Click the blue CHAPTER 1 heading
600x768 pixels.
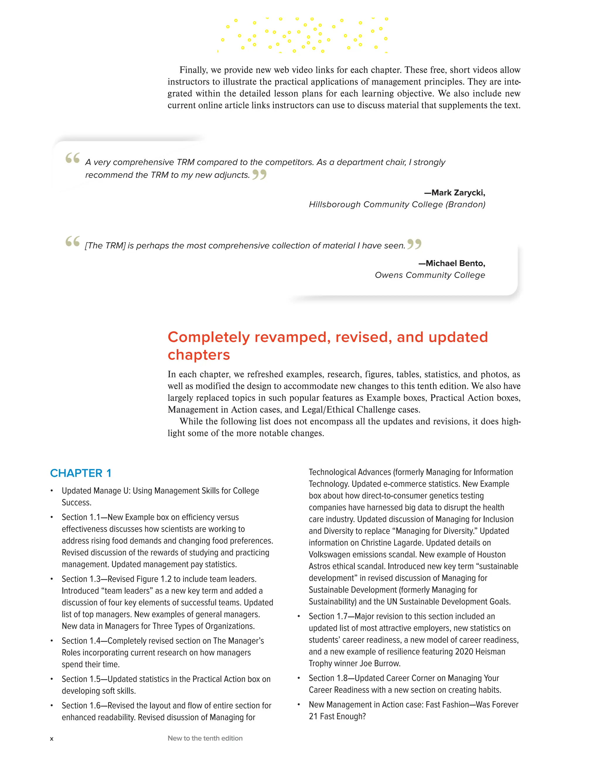coord(81,473)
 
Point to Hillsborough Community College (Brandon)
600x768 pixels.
coord(397,204)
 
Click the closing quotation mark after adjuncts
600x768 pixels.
coord(259,174)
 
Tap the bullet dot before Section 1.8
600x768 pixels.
coord(299,678)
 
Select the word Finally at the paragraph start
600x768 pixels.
coord(193,70)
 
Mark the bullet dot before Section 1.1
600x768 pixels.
coord(52,517)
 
